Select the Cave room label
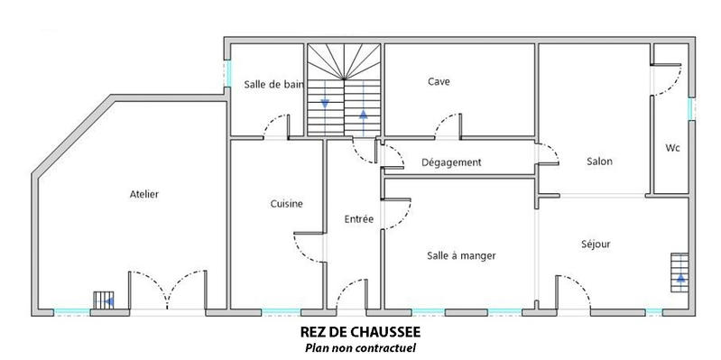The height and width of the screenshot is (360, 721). pyautogui.click(x=439, y=81)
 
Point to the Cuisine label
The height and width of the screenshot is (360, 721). pyautogui.click(x=286, y=204)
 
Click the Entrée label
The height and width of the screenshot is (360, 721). pyautogui.click(x=358, y=218)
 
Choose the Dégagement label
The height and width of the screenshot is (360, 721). pyautogui.click(x=451, y=162)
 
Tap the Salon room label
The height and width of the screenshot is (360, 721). pyautogui.click(x=599, y=162)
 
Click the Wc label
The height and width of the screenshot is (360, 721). pyautogui.click(x=672, y=147)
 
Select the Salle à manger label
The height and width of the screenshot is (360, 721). pyautogui.click(x=461, y=255)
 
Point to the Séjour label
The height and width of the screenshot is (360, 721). pyautogui.click(x=596, y=244)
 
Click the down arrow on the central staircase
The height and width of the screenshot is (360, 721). pyautogui.click(x=324, y=103)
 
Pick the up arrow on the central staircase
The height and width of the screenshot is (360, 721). pyautogui.click(x=364, y=115)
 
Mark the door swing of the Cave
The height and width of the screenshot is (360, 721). pyautogui.click(x=448, y=125)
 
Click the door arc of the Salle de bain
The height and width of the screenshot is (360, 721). pyautogui.click(x=275, y=125)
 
